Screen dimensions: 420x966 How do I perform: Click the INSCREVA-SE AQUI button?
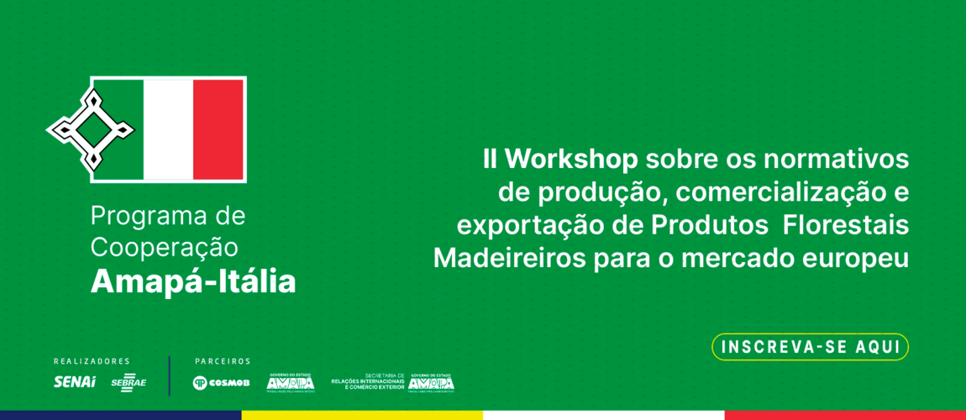[810, 347]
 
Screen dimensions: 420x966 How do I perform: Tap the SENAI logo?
[75, 382]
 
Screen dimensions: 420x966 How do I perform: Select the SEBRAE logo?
[129, 382]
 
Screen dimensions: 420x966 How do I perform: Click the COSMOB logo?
[221, 383]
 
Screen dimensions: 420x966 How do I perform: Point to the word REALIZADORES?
[92, 361]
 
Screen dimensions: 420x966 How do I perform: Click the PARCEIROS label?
[223, 361]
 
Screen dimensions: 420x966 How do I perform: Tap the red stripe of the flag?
[218, 129]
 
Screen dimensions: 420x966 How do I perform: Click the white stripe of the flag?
[168, 129]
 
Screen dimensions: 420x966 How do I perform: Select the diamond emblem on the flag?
[91, 129]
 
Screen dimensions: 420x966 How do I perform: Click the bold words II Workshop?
[560, 159]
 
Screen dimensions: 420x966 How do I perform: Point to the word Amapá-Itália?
[193, 281]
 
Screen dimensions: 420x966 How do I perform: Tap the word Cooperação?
[165, 248]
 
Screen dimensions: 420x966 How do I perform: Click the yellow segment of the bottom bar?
[362, 415]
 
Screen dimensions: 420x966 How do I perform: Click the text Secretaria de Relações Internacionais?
[369, 382]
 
